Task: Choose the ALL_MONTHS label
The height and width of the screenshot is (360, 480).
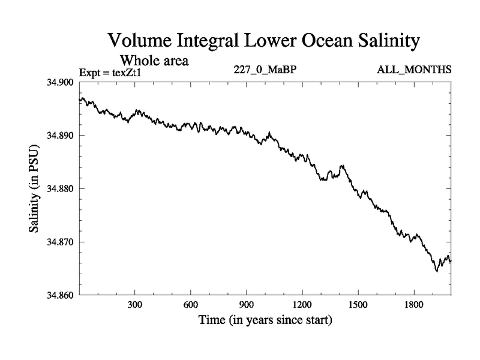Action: pos(414,70)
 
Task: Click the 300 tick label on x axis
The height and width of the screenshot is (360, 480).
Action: pos(135,305)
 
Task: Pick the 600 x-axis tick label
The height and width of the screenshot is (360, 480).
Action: pos(191,305)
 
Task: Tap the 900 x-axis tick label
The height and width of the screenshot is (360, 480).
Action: pos(247,305)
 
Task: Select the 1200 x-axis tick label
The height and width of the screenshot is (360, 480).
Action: pos(302,305)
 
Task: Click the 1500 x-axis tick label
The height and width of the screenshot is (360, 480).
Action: pos(358,305)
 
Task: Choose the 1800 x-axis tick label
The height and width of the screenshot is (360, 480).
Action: pos(414,305)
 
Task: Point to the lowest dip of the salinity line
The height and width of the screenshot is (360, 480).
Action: pos(437,271)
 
